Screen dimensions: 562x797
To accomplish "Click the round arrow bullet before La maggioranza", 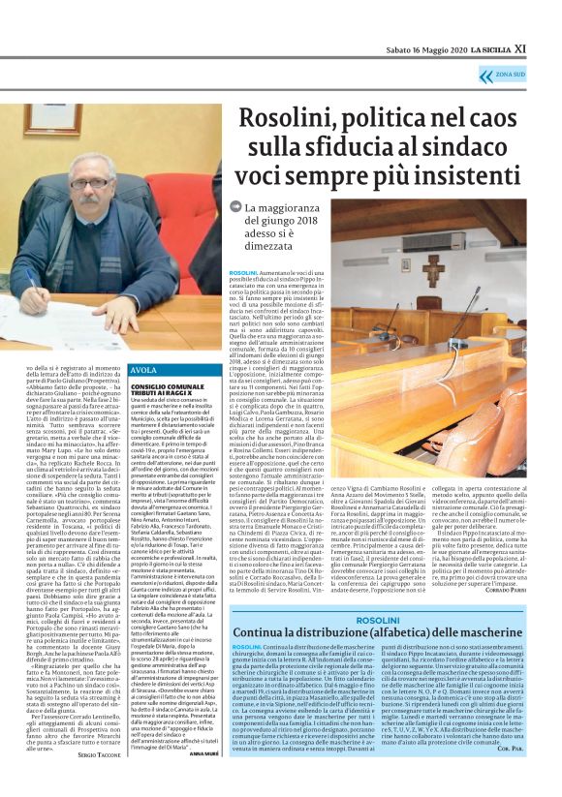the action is (x=235, y=206).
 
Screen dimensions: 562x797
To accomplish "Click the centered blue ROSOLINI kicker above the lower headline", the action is (x=378, y=617).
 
